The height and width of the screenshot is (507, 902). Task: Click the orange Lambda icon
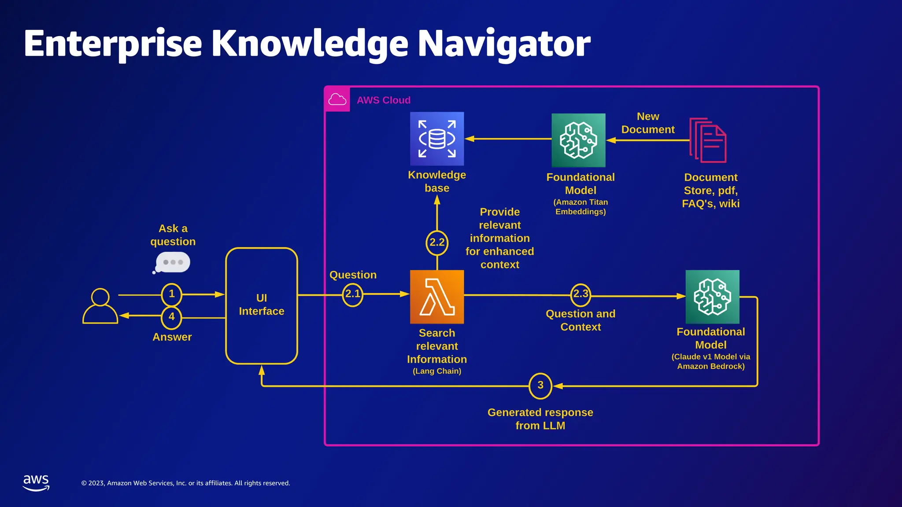pos(437,297)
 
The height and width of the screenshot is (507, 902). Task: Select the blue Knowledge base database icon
pos(437,139)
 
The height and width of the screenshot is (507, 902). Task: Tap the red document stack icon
pos(708,140)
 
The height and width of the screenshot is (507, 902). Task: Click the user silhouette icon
pos(100,306)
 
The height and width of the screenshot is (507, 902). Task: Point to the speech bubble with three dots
pos(173,262)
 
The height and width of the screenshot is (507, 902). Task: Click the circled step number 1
pos(172,294)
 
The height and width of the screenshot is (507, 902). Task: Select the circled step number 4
pos(172,317)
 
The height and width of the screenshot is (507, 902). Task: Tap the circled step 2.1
pos(352,294)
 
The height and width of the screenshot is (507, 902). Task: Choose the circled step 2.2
pos(437,242)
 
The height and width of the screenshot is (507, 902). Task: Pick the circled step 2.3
pos(580,294)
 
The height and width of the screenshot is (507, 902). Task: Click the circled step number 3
pos(540,386)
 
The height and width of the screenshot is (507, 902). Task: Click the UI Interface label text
pos(262,305)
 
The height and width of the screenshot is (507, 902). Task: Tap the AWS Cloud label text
pos(384,100)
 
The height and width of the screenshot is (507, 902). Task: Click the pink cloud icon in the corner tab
pos(337,99)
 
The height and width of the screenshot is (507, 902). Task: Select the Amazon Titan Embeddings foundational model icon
pos(578,140)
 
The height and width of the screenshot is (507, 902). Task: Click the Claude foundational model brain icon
pos(712,297)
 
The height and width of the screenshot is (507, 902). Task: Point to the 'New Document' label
pos(648,123)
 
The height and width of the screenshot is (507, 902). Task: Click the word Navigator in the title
pos(504,44)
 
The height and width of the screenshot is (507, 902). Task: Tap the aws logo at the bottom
pos(36,482)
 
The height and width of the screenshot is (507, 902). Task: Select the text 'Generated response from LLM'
pos(540,419)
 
